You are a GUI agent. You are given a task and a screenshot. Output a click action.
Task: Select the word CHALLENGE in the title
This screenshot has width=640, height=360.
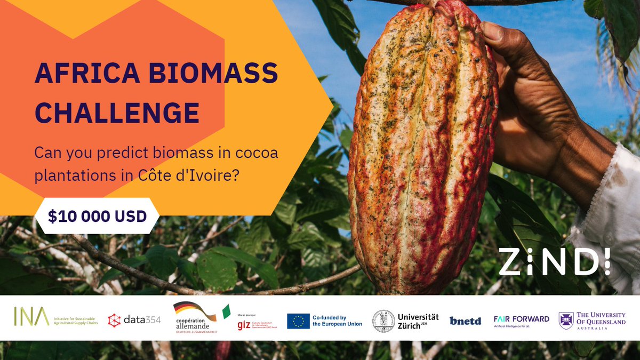tap(117, 113)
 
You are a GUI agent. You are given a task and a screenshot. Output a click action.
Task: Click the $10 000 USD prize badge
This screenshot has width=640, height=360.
tap(97, 215)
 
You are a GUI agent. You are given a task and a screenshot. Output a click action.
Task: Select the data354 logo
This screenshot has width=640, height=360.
tap(134, 319)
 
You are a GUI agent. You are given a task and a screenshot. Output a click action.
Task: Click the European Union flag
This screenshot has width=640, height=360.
tap(298, 321)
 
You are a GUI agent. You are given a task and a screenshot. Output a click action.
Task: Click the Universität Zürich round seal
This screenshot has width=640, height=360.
tap(383, 321)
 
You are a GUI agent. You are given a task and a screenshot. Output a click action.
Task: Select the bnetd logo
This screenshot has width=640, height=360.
tap(465, 321)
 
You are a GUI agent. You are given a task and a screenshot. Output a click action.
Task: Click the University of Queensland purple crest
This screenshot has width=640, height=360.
tap(566, 321)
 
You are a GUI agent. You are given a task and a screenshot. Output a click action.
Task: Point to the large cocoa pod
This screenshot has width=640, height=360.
tap(421, 149)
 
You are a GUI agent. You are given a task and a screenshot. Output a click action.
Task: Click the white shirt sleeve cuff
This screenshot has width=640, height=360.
tap(608, 213)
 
